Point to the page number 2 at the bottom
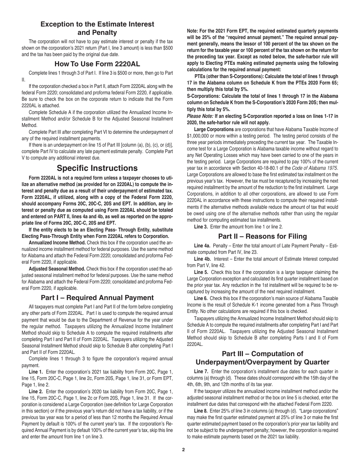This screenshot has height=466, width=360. pyautogui.click(x=183, y=449)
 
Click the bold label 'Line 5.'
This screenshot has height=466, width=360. pyautogui.click(x=201, y=272)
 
